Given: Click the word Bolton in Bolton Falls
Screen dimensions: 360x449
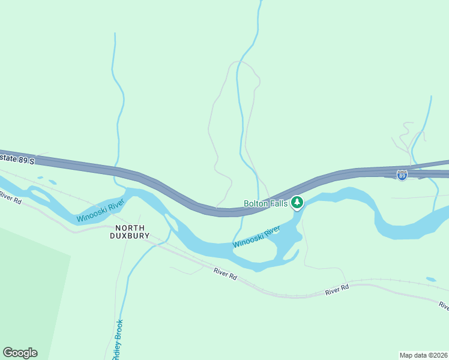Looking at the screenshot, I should click(255, 203).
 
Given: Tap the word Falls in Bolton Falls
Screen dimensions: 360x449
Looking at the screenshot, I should click(277, 203).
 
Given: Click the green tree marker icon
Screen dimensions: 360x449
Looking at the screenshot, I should click(297, 203).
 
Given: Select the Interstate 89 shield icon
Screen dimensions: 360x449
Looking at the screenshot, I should click(402, 175).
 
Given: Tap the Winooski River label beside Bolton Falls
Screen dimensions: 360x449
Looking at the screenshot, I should click(256, 236).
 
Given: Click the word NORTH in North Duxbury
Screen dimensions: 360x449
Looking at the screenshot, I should click(130, 227).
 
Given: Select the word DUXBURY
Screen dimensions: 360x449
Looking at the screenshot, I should click(130, 236).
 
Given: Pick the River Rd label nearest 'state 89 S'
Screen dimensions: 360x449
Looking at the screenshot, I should click(10, 197).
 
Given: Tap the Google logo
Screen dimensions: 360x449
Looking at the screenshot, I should click(20, 353).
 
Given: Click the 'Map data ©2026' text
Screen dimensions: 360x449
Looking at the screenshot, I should click(424, 355).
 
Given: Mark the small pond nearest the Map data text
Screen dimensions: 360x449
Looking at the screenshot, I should click(431, 280).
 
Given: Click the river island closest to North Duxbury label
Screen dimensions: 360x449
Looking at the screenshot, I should click(171, 223).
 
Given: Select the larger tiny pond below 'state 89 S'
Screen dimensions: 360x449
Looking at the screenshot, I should click(52, 182).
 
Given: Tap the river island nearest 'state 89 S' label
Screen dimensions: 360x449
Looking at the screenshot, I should click(40, 195).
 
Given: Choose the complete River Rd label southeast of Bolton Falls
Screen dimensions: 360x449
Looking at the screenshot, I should click(337, 290).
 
